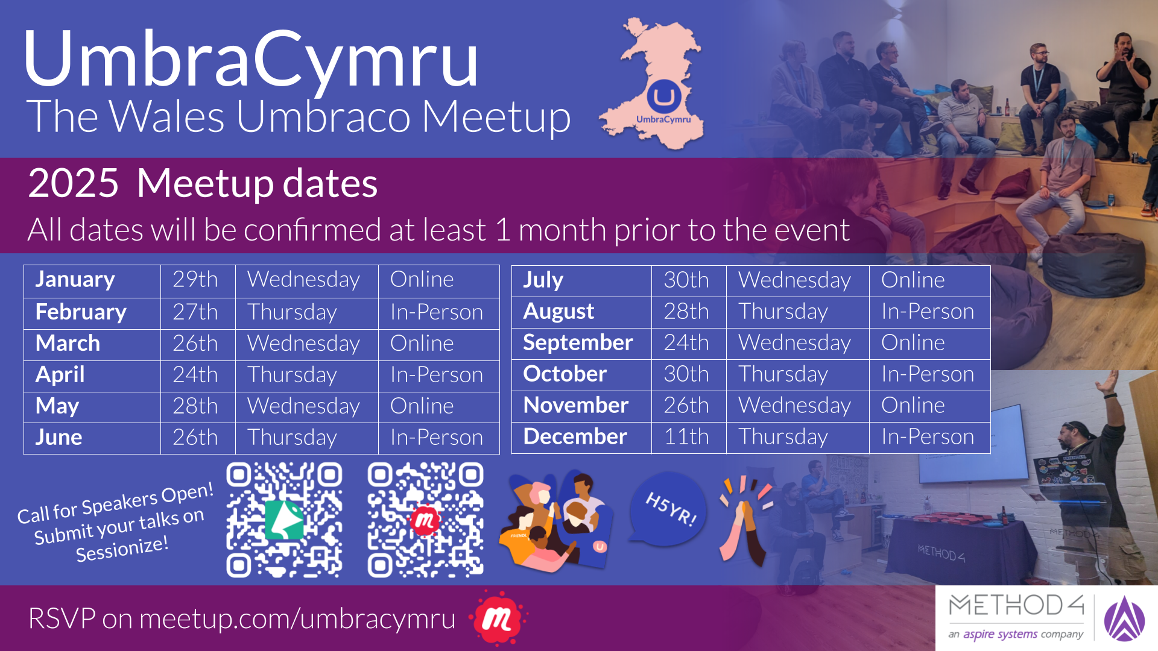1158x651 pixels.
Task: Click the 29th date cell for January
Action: point(195,280)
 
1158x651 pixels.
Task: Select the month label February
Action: point(81,312)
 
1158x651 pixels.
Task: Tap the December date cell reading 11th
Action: point(686,436)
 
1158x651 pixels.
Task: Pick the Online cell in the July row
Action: point(913,280)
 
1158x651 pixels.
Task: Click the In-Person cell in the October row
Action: point(928,374)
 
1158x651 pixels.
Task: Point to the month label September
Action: point(578,343)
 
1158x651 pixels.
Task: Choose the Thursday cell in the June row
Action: point(292,438)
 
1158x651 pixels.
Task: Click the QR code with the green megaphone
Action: point(284,520)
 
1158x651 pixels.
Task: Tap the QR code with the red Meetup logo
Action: point(425,520)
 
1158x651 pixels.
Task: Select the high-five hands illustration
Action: point(746,520)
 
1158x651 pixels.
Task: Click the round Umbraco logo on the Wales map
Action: point(664,96)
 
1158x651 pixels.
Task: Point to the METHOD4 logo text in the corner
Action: point(1016,606)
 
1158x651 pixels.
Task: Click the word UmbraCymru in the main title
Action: point(250,59)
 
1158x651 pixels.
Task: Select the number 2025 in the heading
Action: point(74,183)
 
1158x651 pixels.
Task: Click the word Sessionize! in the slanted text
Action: point(122,549)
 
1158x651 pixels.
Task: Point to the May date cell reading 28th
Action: point(195,406)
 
